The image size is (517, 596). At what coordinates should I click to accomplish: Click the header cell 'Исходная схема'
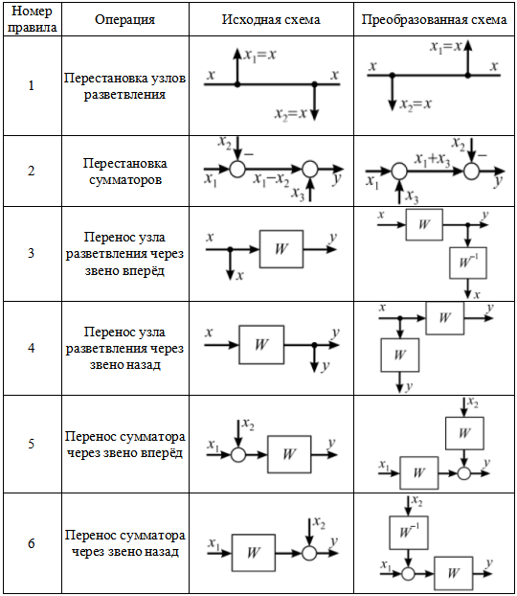[271, 19]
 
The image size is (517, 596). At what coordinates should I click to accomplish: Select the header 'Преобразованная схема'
[434, 19]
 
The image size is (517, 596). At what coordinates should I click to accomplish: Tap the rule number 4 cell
[32, 348]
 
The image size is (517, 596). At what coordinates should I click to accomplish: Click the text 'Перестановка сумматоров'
[125, 172]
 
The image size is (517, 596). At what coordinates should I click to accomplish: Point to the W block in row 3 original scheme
[281, 249]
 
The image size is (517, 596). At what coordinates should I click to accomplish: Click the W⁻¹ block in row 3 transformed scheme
[468, 263]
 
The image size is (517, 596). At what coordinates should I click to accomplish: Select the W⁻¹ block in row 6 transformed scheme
[409, 532]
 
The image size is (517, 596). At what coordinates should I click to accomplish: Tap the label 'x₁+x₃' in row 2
[433, 160]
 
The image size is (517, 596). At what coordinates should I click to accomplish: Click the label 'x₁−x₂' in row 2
[271, 179]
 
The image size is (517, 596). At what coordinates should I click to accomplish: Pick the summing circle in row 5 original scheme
[238, 454]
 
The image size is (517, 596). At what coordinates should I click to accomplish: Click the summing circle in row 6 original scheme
[309, 553]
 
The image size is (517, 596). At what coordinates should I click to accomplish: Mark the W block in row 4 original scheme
[261, 344]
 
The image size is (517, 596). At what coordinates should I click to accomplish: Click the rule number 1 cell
[32, 85]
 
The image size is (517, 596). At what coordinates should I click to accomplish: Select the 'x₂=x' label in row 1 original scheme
[291, 113]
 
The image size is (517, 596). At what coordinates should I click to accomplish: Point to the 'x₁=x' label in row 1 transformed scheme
[445, 47]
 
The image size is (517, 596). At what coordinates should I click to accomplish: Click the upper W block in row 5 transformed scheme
[464, 433]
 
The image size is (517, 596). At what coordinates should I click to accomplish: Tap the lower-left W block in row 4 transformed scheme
[400, 355]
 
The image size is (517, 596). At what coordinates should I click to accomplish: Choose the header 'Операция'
[125, 19]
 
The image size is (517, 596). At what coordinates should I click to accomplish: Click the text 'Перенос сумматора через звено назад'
[125, 543]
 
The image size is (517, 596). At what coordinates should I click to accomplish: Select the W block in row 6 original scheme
[254, 553]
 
